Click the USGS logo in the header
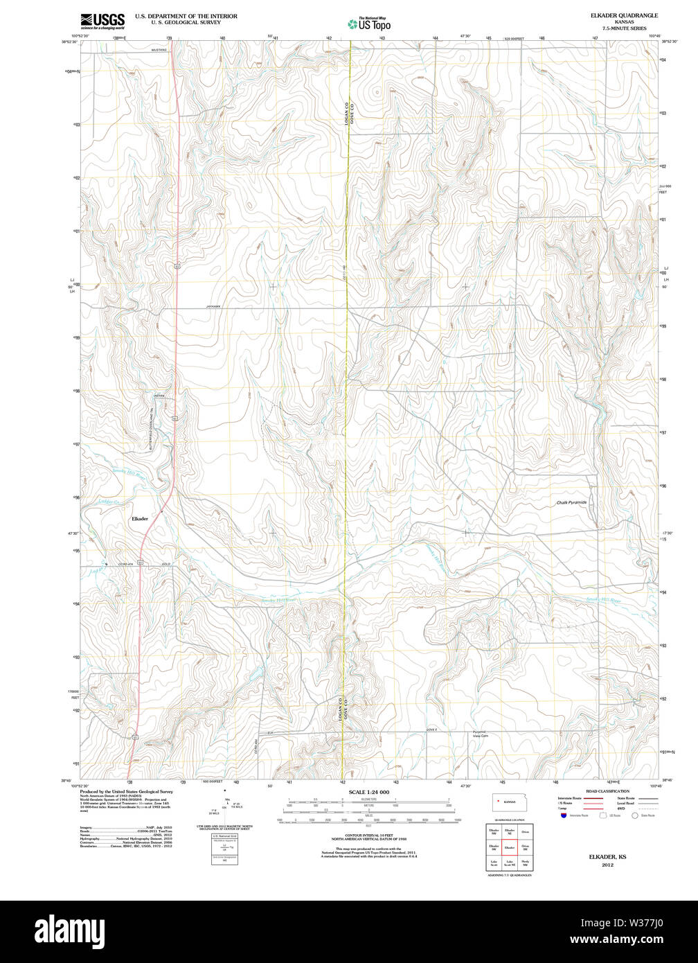tap(102, 20)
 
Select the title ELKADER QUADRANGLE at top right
tap(624, 15)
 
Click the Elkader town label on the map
tap(140, 518)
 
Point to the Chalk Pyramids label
tap(571, 502)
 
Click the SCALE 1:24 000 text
tap(369, 792)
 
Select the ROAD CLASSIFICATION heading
tap(607, 791)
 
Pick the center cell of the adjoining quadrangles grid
tap(510, 847)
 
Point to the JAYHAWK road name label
tap(213, 306)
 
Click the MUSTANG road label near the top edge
tap(159, 50)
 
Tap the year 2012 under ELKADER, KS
tap(607, 865)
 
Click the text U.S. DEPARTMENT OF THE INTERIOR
tap(186, 16)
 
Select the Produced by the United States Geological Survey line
tap(126, 791)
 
